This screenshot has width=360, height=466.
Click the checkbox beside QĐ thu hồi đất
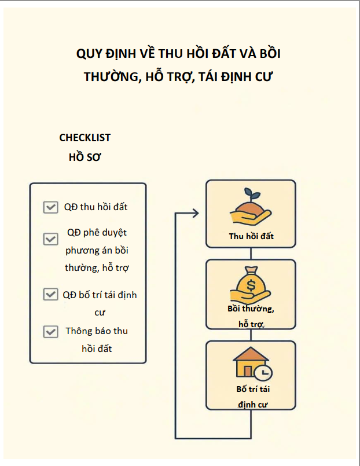[50, 207]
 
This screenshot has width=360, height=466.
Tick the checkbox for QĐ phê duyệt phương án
[50, 239]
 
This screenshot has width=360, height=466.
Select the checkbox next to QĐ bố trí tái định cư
[50, 294]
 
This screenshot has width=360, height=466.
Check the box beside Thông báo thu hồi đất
[50, 332]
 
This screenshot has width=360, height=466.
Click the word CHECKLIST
[85, 138]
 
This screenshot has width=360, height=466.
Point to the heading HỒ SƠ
[85, 157]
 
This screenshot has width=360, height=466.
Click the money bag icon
[251, 284]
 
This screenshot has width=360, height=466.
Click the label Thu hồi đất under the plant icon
[251, 236]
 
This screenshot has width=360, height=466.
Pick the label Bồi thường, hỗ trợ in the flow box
[251, 317]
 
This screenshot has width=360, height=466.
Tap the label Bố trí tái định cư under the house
[253, 397]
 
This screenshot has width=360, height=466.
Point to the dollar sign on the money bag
[251, 285]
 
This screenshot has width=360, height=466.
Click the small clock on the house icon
[264, 373]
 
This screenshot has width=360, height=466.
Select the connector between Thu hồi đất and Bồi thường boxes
[251, 254]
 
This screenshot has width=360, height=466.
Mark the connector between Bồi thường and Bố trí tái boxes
[251, 335]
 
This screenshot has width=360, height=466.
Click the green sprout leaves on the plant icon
[251, 194]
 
